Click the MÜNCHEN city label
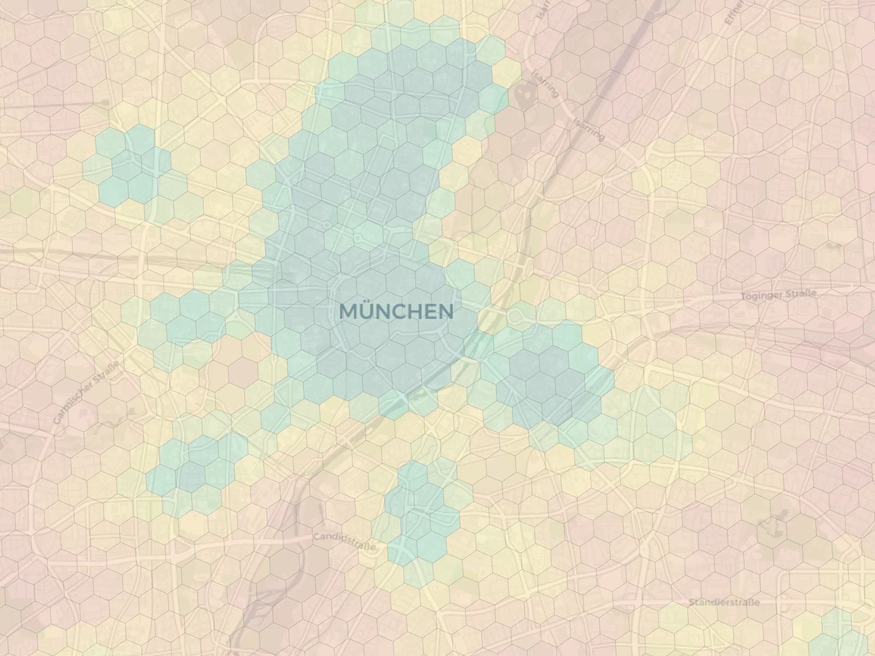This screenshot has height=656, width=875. [396, 311]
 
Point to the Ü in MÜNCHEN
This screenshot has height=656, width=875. [366, 311]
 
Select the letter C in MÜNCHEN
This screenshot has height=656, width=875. [399, 312]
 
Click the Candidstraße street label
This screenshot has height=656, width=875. [344, 541]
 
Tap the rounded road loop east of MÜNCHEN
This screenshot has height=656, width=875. [515, 316]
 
